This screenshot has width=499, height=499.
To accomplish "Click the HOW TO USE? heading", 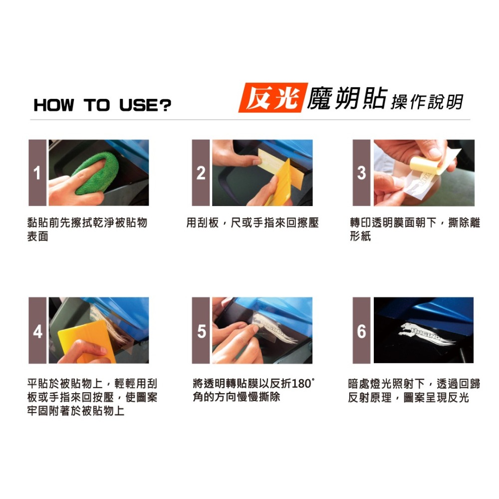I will (102, 105).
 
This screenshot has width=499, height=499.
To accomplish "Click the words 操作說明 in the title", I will (427, 102).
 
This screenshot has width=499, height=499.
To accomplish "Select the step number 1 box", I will (37, 173).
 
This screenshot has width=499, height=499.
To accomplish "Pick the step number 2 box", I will (201, 173).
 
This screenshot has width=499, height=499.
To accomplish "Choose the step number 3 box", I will (362, 173).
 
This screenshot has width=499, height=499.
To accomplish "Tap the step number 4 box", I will (37, 330).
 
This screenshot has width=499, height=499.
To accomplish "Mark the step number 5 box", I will (201, 330).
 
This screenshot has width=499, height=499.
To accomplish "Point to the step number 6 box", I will (362, 330).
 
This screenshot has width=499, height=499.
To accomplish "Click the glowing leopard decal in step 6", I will (424, 333).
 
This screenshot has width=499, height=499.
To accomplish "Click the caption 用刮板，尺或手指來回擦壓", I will (252, 223).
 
